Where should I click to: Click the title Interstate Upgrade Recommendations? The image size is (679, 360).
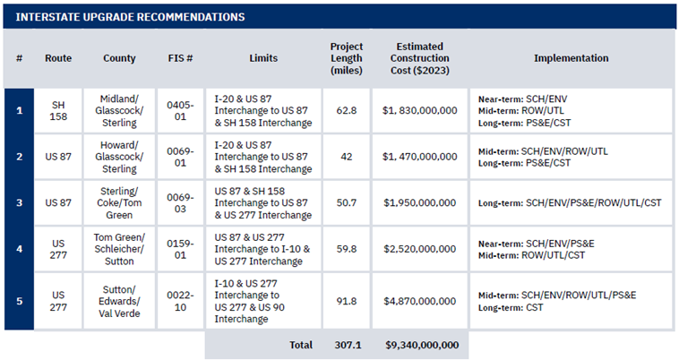130,17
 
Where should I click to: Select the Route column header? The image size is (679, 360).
58,58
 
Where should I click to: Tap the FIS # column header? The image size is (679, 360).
180,58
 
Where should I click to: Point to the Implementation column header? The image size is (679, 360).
572,58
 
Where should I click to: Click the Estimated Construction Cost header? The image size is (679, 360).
419,58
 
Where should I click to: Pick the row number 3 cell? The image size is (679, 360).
19,203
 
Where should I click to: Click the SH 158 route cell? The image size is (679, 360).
58,111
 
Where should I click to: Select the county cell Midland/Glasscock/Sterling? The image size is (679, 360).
119,111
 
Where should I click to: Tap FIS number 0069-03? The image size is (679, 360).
180,203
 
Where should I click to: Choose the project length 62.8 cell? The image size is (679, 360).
347,111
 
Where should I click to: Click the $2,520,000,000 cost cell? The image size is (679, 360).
420,249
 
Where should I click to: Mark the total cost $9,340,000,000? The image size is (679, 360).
422,345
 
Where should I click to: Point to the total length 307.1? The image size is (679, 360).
348,345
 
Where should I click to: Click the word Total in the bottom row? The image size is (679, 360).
301,345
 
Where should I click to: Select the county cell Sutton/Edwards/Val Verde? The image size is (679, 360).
119,301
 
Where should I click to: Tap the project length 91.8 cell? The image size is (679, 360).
347,301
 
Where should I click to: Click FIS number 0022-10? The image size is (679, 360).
180,301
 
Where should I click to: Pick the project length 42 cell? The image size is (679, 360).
347,157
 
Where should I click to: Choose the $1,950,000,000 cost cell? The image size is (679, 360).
420,203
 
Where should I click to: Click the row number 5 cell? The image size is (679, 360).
19,301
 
